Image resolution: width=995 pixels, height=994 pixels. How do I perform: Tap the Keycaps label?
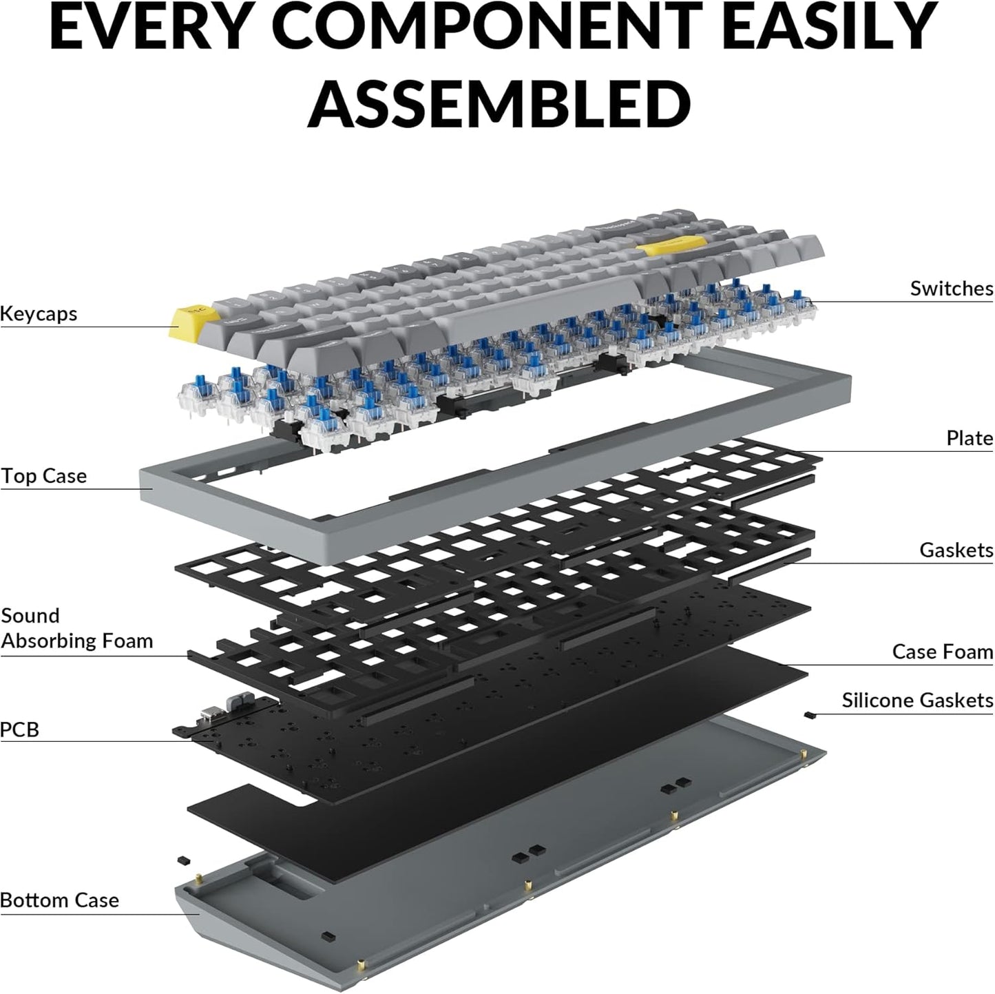(x=39, y=313)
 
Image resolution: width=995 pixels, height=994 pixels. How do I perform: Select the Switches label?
(x=952, y=289)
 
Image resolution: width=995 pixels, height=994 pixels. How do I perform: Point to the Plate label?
(x=970, y=438)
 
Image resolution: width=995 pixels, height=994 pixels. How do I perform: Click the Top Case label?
(x=43, y=476)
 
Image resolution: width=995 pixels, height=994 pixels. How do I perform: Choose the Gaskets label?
(x=956, y=550)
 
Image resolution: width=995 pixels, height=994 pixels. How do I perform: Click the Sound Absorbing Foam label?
(x=76, y=628)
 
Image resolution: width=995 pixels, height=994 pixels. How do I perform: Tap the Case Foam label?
(x=943, y=652)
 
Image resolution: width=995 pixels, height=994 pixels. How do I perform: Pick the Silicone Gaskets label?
(x=917, y=701)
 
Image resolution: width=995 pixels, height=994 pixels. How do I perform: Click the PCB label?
(x=19, y=729)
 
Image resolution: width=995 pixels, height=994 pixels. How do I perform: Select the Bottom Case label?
(x=59, y=900)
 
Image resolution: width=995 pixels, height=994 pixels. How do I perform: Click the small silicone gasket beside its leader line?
(x=809, y=716)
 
